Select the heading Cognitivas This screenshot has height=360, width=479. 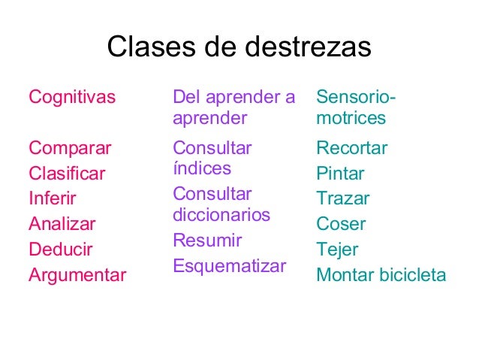tap(72, 97)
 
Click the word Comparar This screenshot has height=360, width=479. tap(70, 148)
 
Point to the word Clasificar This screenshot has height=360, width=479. tap(67, 174)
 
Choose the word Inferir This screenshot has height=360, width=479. tap(53, 199)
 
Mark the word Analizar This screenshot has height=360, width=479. tap(62, 224)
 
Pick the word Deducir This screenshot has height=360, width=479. tap(60, 250)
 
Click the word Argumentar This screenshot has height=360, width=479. tap(77, 275)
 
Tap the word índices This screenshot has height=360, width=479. tap(202, 168)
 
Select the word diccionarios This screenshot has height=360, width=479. tap(221, 215)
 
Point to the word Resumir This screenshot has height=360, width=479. tap(207, 241)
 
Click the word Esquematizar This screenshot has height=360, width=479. tap(230, 266)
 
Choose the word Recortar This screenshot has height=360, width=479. tap(352, 148)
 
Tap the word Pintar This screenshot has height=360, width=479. tap(340, 174)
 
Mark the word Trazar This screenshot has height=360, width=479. tap(343, 199)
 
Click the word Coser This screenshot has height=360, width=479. tap(341, 224)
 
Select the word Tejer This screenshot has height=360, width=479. tap(338, 250)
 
